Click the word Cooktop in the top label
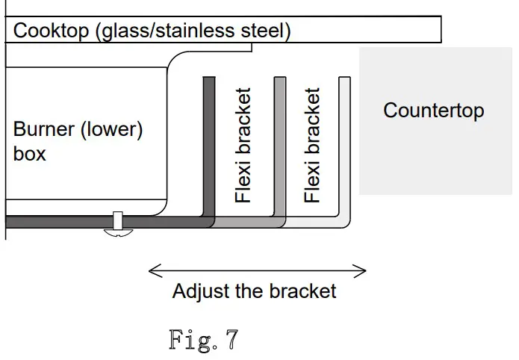(x=49, y=31)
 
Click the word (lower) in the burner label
(x=114, y=129)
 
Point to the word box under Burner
(x=30, y=154)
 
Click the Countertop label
(x=433, y=111)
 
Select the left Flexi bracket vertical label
(x=243, y=146)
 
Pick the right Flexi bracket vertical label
(x=313, y=146)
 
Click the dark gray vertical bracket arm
(x=209, y=142)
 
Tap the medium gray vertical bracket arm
(x=280, y=142)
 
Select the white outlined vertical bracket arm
(x=344, y=142)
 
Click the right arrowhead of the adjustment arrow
(x=362, y=271)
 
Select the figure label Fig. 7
(x=203, y=340)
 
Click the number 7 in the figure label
(x=231, y=340)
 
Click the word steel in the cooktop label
(x=266, y=31)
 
